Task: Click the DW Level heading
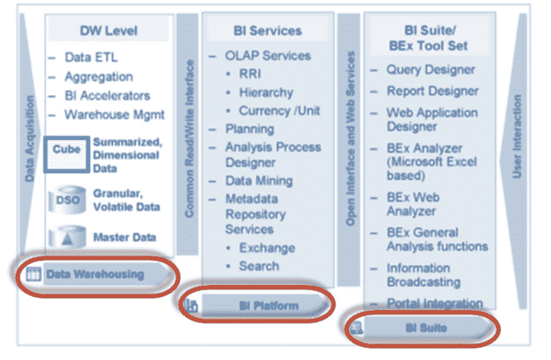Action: tap(109, 31)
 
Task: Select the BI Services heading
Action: tap(268, 31)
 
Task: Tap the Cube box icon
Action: tap(66, 154)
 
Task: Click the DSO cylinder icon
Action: tap(67, 200)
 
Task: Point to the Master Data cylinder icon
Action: tap(67, 237)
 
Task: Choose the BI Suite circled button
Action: tap(422, 328)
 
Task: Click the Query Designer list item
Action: tap(430, 70)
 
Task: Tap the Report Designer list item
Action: tap(432, 91)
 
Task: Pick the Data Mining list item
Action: tap(259, 181)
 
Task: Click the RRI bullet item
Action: tap(250, 74)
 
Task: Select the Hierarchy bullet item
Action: tap(266, 92)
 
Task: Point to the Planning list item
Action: tap(249, 129)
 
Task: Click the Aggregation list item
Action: tap(99, 77)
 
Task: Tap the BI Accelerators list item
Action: tap(107, 96)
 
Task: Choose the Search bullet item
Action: tap(259, 266)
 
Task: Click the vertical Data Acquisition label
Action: tap(30, 139)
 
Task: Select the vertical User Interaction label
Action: tap(517, 136)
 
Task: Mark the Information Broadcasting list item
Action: tap(424, 275)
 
